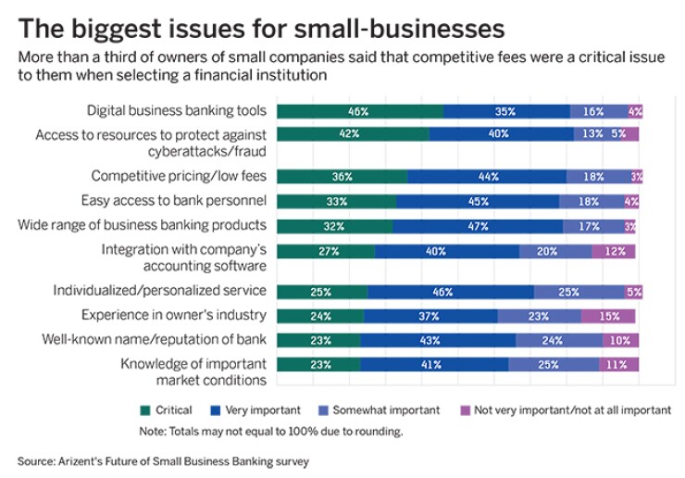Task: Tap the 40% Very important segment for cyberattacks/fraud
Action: pyautogui.click(x=501, y=134)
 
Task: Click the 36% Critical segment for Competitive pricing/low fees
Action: pyautogui.click(x=342, y=176)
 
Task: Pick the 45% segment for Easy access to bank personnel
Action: pyautogui.click(x=477, y=200)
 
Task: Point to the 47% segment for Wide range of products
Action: pyautogui.click(x=478, y=225)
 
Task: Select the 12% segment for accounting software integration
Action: pyautogui.click(x=614, y=251)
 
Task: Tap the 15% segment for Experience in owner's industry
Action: pyautogui.click(x=608, y=316)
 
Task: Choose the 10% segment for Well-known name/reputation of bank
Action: pyautogui.click(x=619, y=340)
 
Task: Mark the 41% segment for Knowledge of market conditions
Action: pyautogui.click(x=434, y=365)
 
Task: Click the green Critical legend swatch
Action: pyautogui.click(x=144, y=410)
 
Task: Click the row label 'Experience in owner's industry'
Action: pyautogui.click(x=174, y=315)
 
